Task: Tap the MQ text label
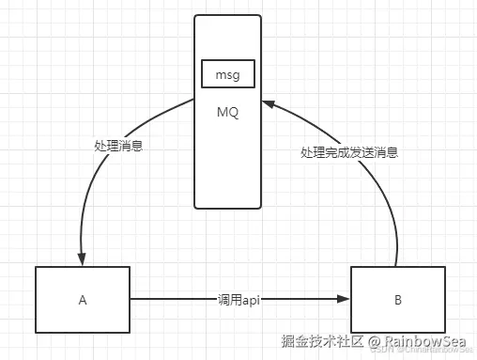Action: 227,114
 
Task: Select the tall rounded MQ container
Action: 227,169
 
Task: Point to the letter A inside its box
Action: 83,301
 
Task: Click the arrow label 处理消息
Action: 118,147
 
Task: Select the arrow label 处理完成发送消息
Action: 349,151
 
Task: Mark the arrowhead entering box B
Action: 344,301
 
